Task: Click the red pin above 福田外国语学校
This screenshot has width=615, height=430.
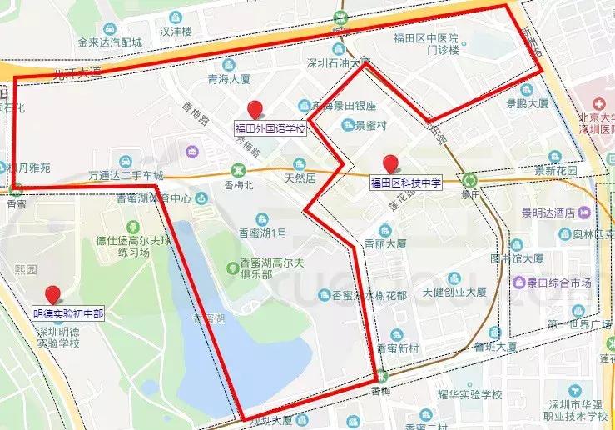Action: point(255,109)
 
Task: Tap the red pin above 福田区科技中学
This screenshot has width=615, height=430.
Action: point(389,164)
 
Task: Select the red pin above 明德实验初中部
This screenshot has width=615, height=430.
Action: point(54,294)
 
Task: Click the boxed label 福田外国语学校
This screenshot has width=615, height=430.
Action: point(270,129)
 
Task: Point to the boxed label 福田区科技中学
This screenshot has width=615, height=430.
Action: point(405,182)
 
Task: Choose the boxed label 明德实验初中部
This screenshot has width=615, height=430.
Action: point(68,314)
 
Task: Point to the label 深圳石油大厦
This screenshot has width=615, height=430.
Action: point(338,62)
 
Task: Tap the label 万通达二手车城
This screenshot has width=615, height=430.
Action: point(126,176)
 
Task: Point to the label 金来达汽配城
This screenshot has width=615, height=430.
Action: point(110,42)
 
